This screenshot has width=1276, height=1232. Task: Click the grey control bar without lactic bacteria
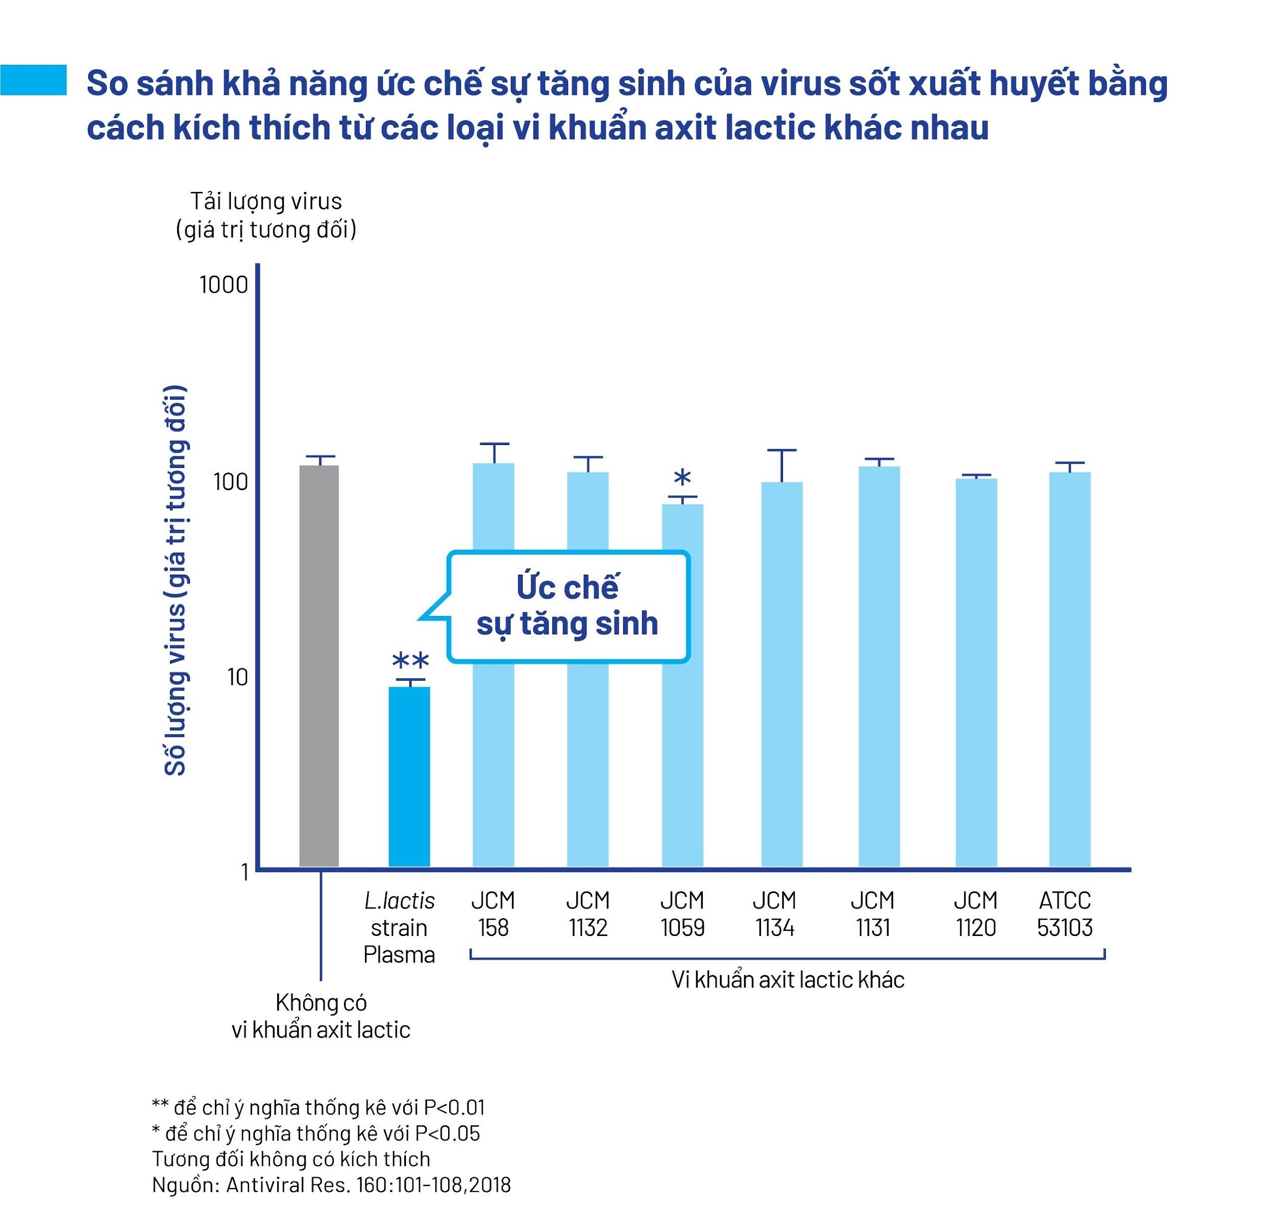(x=319, y=664)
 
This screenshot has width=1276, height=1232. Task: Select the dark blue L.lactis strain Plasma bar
(x=409, y=775)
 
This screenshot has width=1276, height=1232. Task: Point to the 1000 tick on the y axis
(x=224, y=285)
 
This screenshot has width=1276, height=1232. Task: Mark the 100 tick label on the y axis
(x=231, y=482)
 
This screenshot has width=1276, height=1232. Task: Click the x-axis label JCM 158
(x=493, y=914)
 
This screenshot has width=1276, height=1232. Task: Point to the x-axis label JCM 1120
(x=975, y=914)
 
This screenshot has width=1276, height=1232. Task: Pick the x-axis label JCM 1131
(x=872, y=914)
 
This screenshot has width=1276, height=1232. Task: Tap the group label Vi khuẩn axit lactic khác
(x=787, y=979)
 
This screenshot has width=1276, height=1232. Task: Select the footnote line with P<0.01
(x=317, y=1107)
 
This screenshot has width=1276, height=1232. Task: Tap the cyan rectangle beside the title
(x=33, y=80)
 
